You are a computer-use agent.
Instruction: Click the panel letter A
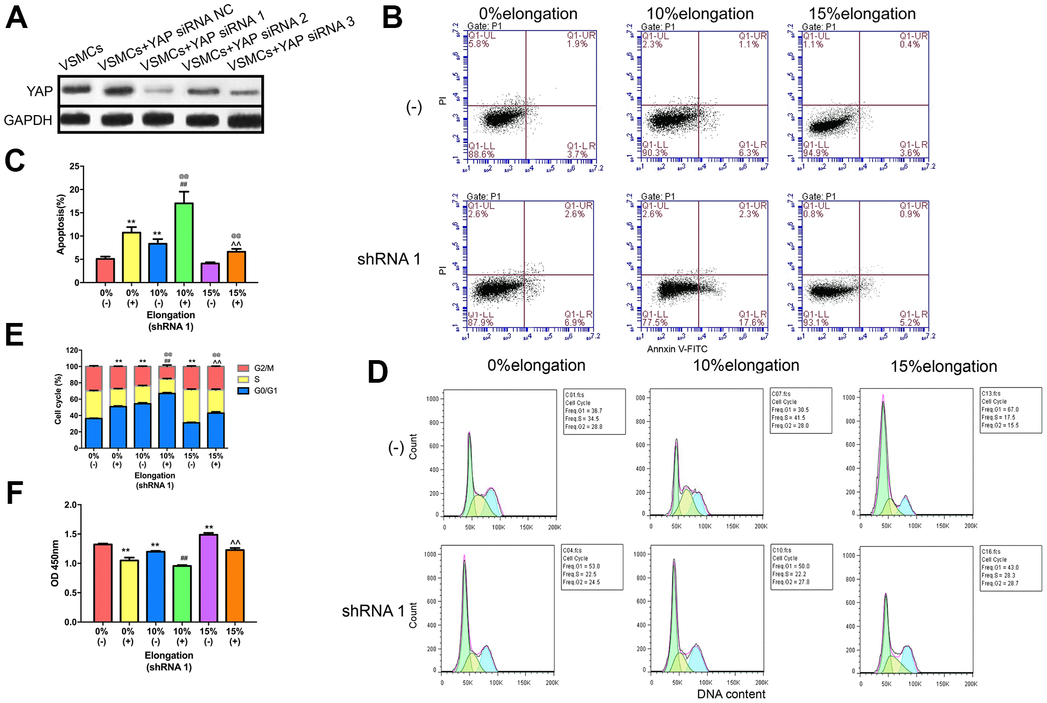tap(16, 17)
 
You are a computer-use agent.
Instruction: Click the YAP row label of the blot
tap(39, 91)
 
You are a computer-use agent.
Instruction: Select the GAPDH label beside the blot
tap(28, 120)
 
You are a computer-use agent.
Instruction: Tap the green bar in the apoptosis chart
tap(184, 242)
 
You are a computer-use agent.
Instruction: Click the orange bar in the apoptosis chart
tap(237, 266)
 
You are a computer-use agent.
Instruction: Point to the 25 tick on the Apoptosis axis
tap(74, 166)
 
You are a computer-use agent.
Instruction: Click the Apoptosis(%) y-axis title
tap(61, 224)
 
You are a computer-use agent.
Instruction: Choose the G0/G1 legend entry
tap(257, 391)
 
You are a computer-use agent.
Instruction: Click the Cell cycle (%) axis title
tap(58, 399)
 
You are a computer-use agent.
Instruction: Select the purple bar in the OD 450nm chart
tap(208, 578)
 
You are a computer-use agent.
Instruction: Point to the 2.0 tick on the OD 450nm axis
tap(71, 505)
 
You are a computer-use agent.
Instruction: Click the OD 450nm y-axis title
tap(54, 563)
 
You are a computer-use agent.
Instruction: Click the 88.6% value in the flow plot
tap(481, 154)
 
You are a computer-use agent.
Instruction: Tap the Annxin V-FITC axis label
tap(677, 349)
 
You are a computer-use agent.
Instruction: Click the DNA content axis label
tap(731, 694)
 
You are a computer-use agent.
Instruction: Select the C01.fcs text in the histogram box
tap(574, 395)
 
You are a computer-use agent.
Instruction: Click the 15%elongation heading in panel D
tap(943, 367)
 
